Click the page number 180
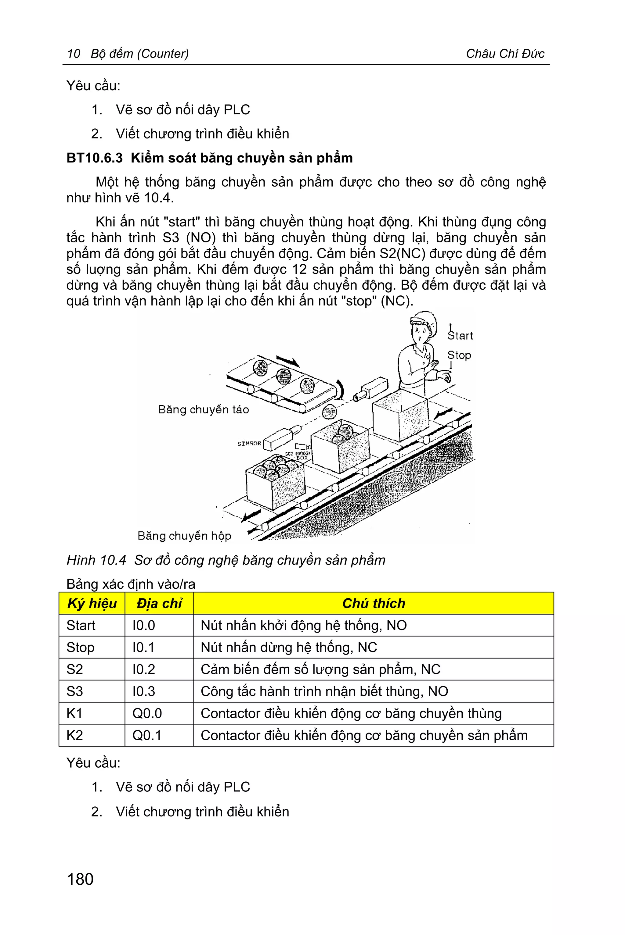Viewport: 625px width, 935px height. tap(80, 879)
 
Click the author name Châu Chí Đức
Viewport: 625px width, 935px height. tap(505, 53)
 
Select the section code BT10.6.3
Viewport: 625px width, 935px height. tap(95, 158)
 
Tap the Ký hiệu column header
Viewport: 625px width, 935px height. tap(92, 603)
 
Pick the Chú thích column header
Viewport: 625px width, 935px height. tap(373, 603)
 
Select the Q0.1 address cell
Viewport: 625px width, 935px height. tap(147, 735)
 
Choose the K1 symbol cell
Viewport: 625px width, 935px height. tap(74, 713)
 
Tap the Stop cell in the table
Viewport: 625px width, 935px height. tap(81, 647)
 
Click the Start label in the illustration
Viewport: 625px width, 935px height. tap(461, 335)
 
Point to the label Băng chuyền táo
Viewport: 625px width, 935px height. tap(203, 409)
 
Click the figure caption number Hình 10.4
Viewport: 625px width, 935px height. tap(96, 560)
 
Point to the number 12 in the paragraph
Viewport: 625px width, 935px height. tap(299, 269)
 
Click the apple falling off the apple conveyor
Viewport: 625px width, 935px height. tap(329, 412)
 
